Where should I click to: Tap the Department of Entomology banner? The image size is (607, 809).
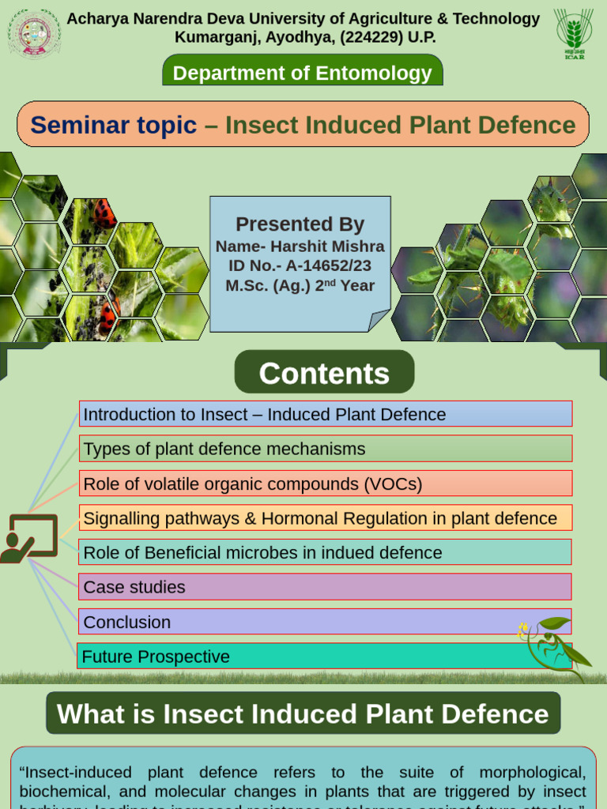point(303,73)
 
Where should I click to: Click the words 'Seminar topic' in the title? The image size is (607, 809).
point(113,125)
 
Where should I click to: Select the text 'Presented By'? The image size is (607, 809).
point(300,224)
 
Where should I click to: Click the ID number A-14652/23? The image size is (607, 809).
point(331,265)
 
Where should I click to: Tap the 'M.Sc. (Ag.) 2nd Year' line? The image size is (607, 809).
point(300,285)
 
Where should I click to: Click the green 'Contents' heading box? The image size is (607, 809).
point(324,373)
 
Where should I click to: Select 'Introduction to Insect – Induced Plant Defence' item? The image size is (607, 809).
point(325,414)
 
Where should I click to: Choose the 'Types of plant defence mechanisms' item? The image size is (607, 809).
point(325,449)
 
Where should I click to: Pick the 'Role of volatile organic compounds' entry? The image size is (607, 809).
point(325,484)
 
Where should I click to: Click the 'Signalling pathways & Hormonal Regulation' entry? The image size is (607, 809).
point(325,518)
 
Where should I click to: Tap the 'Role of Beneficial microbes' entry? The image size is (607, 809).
point(325,553)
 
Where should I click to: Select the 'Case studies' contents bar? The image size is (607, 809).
point(325,587)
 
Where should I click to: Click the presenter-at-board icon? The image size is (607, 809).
point(29,538)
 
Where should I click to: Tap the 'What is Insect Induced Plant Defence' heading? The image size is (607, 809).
point(303,713)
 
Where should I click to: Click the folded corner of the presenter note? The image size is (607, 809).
point(379,320)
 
